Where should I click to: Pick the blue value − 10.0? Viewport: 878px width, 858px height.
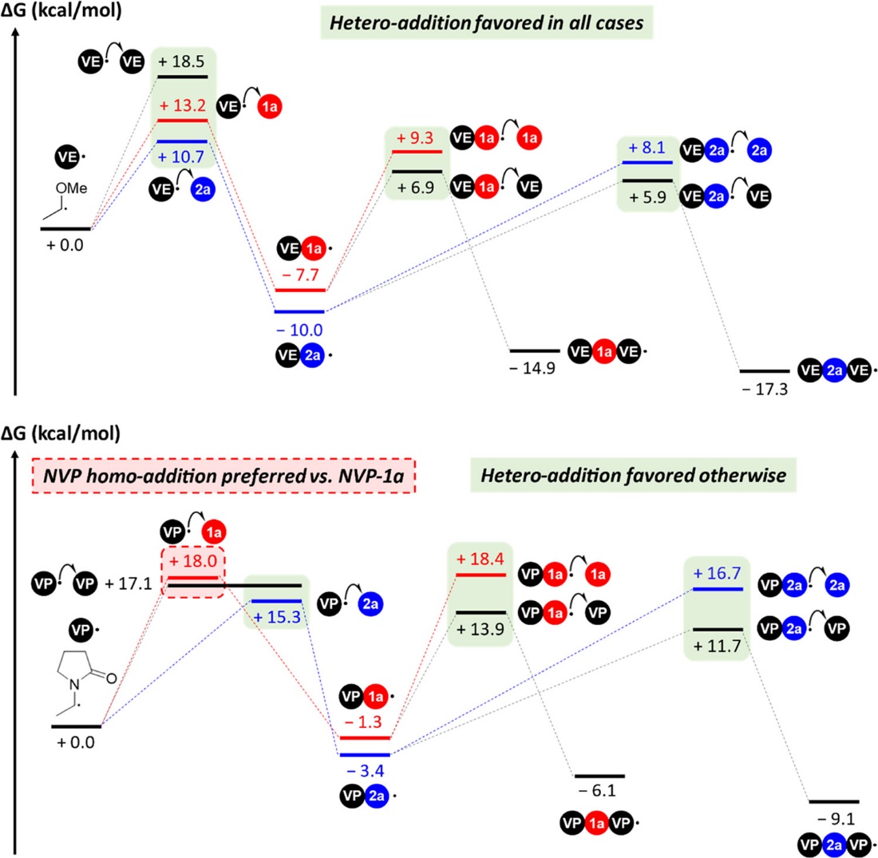point(299,329)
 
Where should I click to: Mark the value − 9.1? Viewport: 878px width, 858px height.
point(834,819)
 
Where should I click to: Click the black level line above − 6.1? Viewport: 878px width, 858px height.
point(599,775)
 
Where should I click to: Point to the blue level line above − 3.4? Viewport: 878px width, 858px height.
point(364,754)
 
